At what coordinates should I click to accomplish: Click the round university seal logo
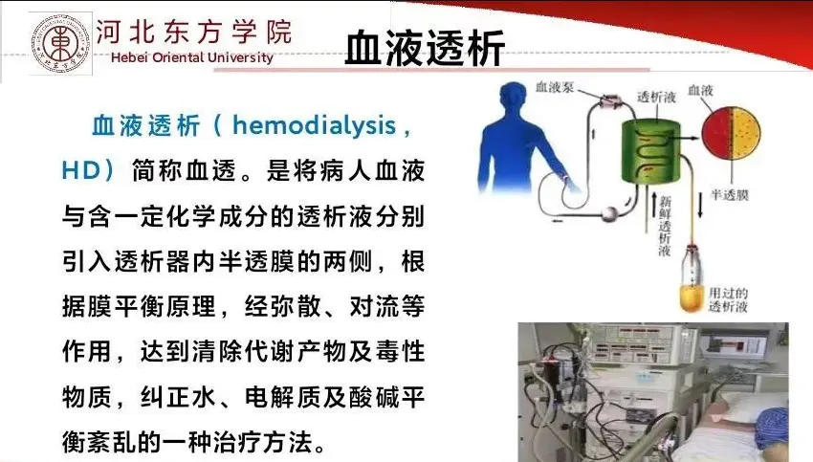coord(61,44)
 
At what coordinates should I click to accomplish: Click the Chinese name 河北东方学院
coord(194,32)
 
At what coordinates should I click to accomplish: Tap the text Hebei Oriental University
coord(192,57)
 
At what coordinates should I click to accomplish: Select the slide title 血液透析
coord(425,48)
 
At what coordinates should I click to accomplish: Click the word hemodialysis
coord(314,125)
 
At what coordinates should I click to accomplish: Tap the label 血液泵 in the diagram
coord(555,87)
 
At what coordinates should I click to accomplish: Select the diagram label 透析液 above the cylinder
coord(656,97)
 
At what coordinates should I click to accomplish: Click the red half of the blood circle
coord(717,133)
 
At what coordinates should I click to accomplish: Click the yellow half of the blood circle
coord(746,133)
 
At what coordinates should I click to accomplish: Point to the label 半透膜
coord(730,195)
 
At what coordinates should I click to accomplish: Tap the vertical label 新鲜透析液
coord(665,226)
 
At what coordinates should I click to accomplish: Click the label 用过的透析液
coord(729,299)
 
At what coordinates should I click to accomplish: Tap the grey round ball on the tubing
coord(608,213)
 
